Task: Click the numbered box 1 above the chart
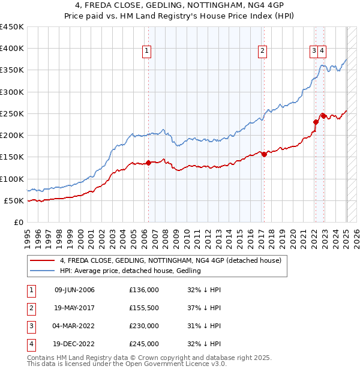coord(148,52)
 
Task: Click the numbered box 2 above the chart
coord(263,52)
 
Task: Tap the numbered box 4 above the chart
coord(322,52)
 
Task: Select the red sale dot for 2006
coord(148,163)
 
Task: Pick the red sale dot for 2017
coord(264,154)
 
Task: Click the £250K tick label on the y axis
coord(12,113)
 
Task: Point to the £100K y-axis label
coord(12,179)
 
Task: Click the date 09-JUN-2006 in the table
coord(74,290)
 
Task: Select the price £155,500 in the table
coord(144,308)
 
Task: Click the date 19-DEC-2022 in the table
coord(74,344)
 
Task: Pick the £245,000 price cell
coord(144,344)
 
